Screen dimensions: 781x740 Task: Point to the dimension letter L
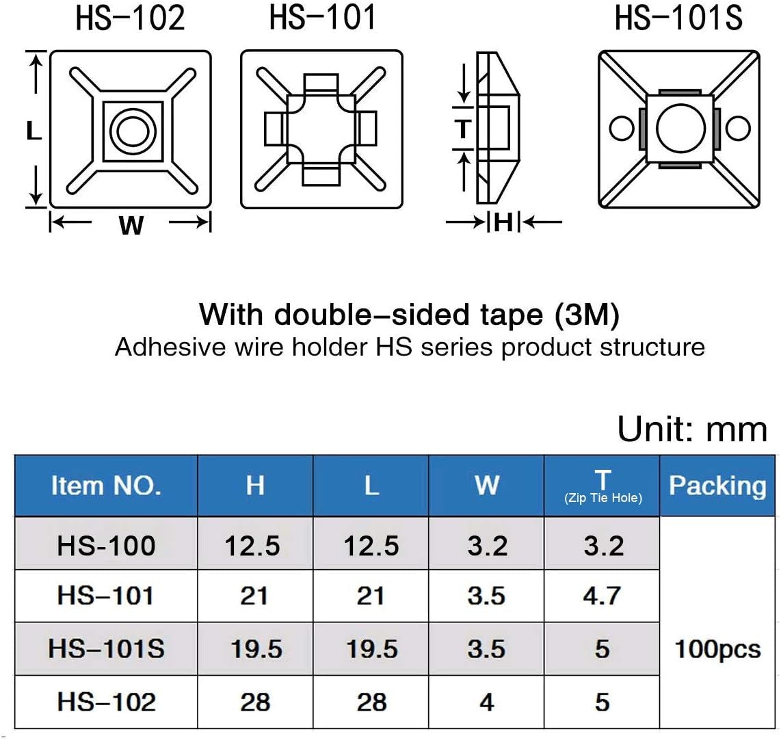click(34, 131)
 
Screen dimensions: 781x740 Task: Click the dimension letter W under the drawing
click(131, 226)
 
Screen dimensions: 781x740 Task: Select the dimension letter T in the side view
click(463, 129)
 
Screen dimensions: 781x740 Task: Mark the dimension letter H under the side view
click(503, 222)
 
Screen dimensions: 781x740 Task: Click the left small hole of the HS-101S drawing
click(621, 128)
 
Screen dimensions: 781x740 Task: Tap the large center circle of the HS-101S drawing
click(681, 129)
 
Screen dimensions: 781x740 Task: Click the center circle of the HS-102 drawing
click(133, 132)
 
